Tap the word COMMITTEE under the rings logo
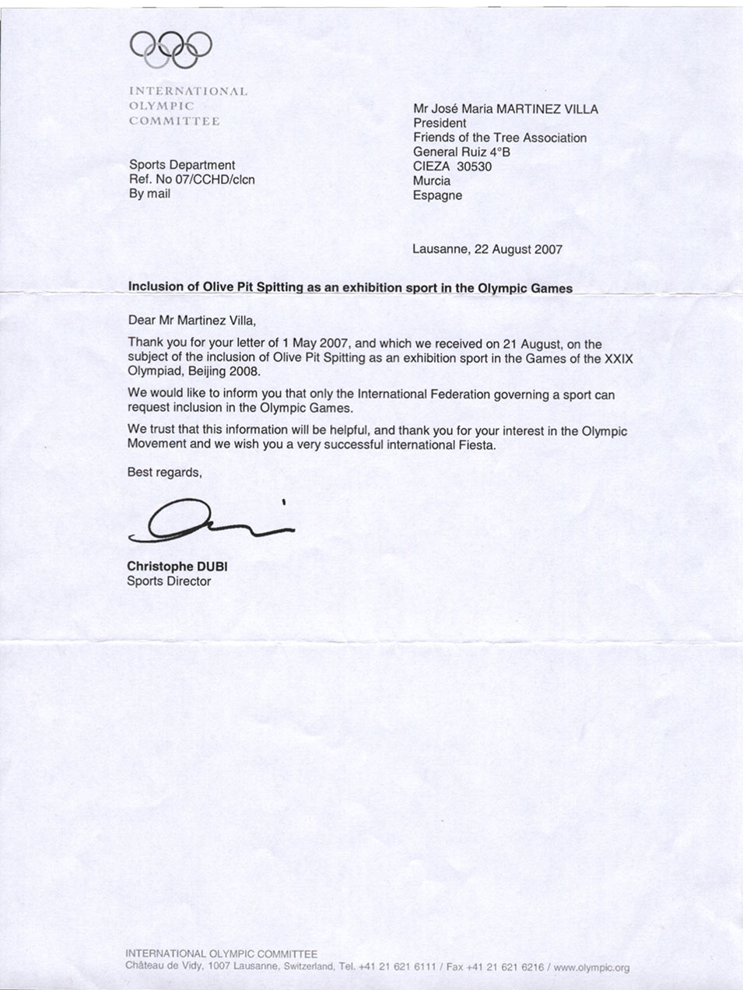click(x=174, y=121)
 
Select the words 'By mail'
click(x=149, y=194)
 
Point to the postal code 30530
click(x=474, y=167)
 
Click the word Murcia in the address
click(x=432, y=181)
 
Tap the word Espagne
click(x=437, y=195)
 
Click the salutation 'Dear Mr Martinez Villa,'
click(x=191, y=320)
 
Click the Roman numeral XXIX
click(x=619, y=359)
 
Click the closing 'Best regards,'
click(x=165, y=472)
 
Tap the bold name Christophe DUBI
click(x=177, y=567)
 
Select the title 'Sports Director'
click(x=169, y=581)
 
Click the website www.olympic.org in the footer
click(x=591, y=967)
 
